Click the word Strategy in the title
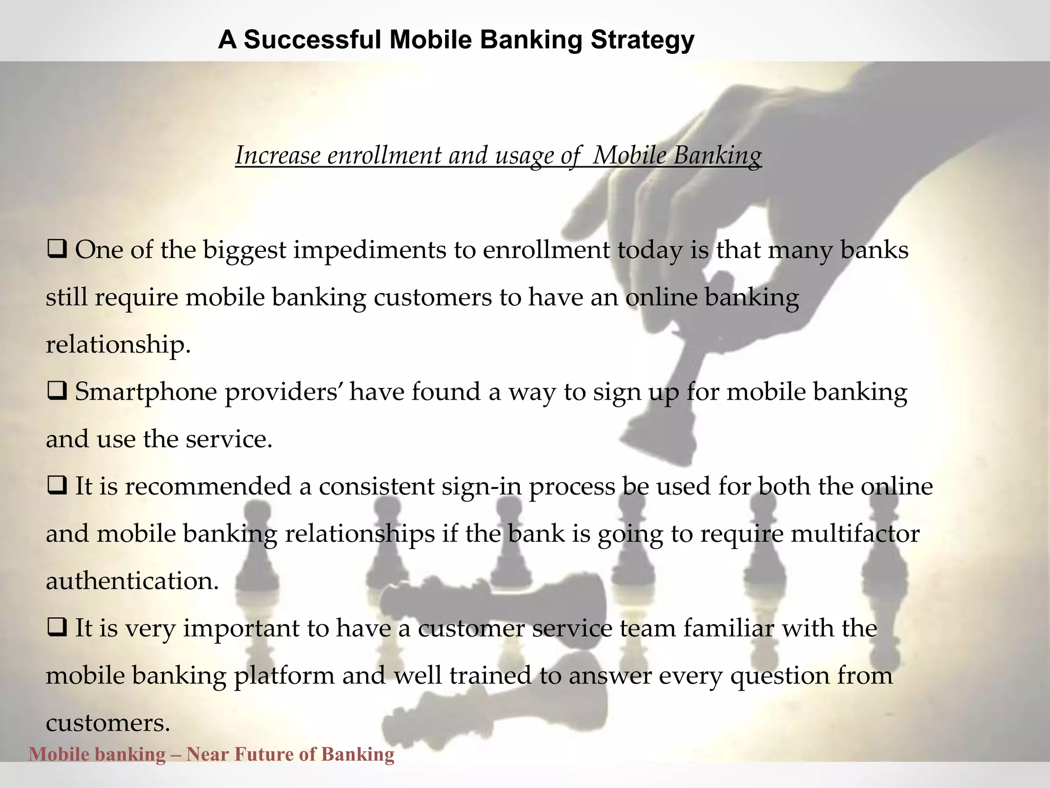click(x=642, y=40)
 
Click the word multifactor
click(x=855, y=534)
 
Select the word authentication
click(x=132, y=581)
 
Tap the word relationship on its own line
click(x=117, y=345)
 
